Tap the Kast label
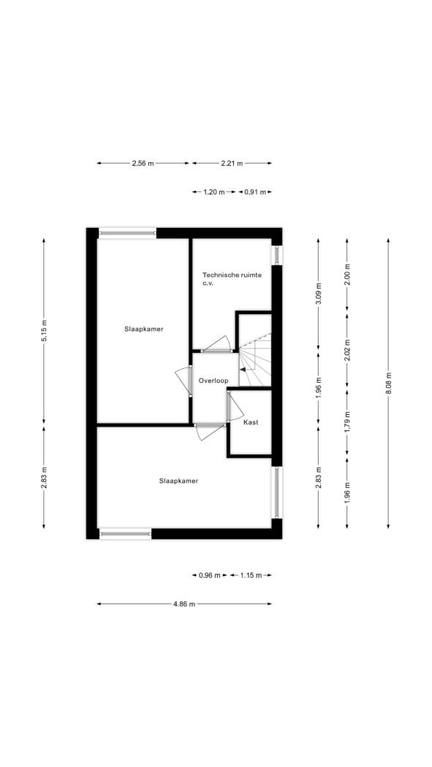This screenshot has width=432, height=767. tap(251, 422)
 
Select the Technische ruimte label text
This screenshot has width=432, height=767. tap(232, 275)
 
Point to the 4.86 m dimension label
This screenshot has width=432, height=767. tap(184, 604)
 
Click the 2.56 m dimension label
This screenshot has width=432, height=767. tap(143, 164)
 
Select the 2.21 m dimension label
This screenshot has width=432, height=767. tap(232, 164)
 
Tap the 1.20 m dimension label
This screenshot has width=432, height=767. tap(213, 192)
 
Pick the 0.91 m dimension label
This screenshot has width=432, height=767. tap(255, 192)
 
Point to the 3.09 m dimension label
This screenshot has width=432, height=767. tap(319, 294)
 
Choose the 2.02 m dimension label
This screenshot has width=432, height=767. tap(347, 350)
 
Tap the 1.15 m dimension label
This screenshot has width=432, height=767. tap(251, 576)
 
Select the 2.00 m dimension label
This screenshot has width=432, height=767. tap(347, 275)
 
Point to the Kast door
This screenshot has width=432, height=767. tap(235, 405)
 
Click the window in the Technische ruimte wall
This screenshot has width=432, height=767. tap(276, 255)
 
